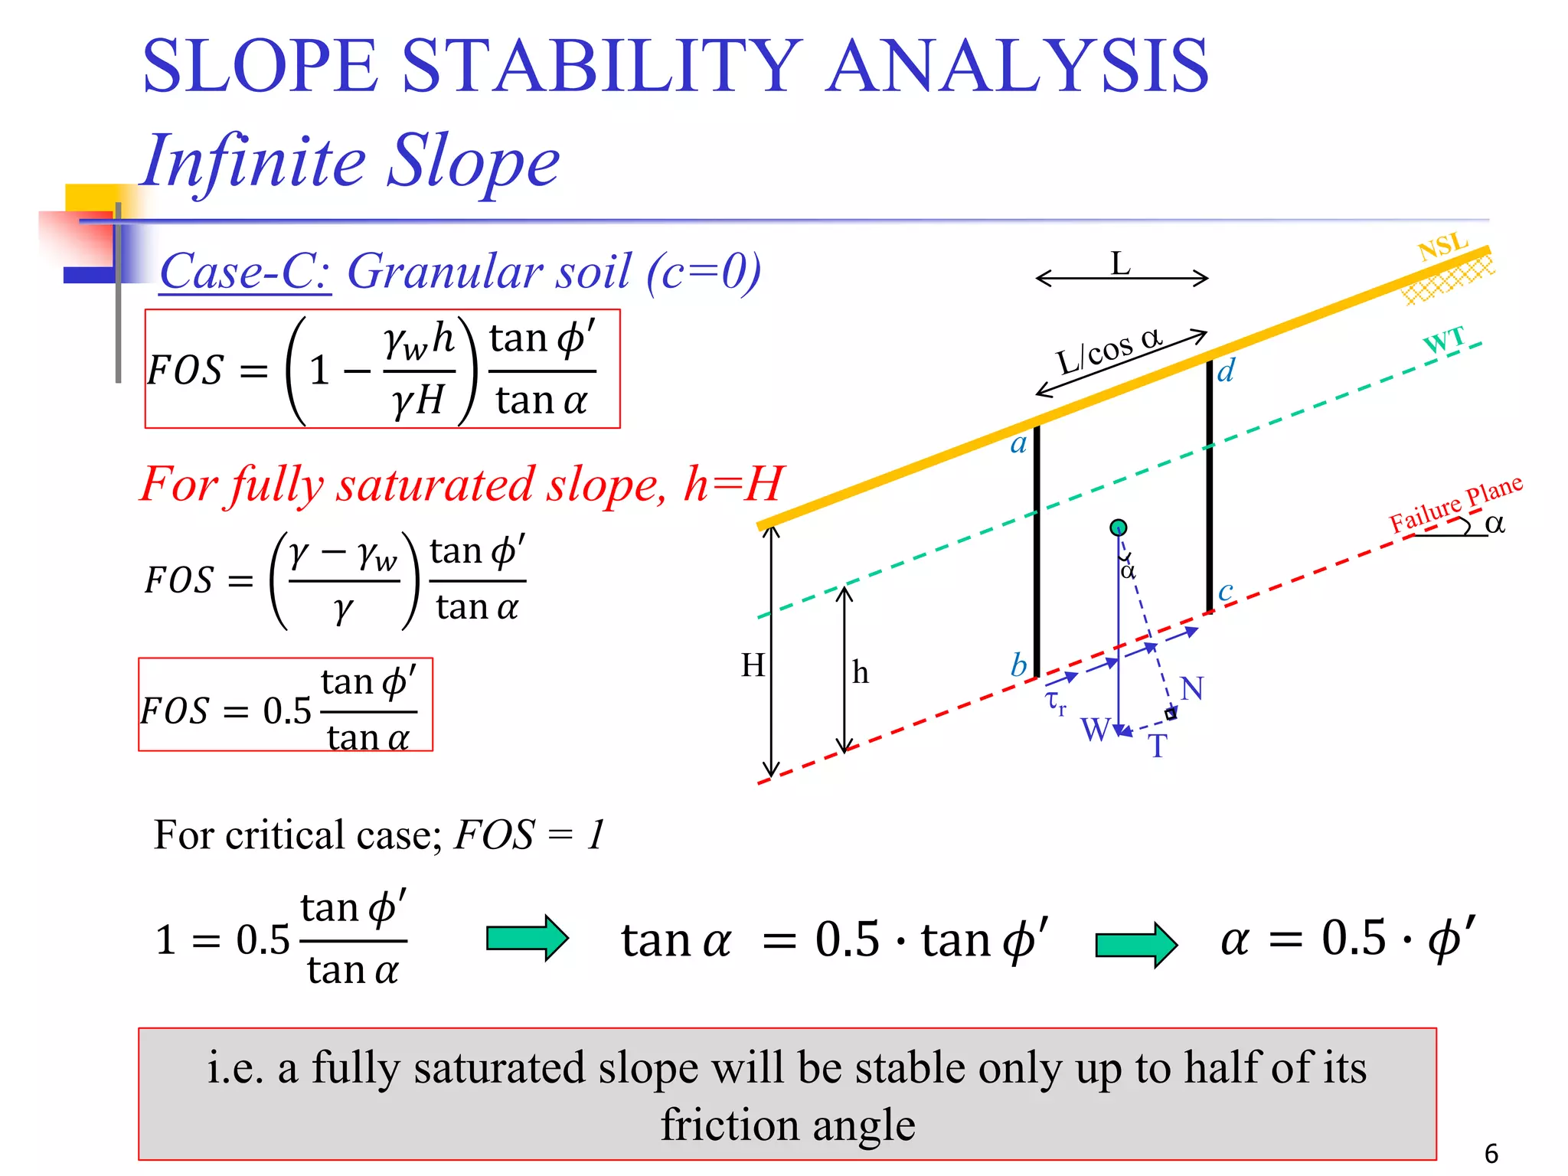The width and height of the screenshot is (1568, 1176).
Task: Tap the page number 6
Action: coord(1491,1153)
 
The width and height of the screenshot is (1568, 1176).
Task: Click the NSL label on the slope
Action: coord(1442,247)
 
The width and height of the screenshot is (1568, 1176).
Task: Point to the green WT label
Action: coord(1444,340)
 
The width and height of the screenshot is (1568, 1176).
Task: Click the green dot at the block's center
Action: coord(1119,528)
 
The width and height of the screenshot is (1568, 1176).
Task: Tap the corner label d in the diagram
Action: coord(1226,371)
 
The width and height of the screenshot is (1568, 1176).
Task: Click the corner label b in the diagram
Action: coord(1018,665)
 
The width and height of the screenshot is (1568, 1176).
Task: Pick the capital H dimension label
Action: coord(753,665)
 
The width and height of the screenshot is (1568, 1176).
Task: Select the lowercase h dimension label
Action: coord(861,673)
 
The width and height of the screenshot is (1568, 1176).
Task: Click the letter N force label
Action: coord(1191,688)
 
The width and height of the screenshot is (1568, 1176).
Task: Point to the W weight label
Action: coord(1095,730)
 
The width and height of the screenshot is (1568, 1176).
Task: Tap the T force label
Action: coord(1157,746)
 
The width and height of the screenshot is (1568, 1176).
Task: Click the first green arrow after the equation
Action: coord(527,938)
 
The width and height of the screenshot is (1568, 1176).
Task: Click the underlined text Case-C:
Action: coord(245,271)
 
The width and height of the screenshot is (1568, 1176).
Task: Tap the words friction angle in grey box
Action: coord(787,1125)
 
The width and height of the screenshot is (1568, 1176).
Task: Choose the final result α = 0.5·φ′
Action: coord(1347,938)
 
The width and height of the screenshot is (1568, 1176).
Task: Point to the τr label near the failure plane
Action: coord(1056,702)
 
